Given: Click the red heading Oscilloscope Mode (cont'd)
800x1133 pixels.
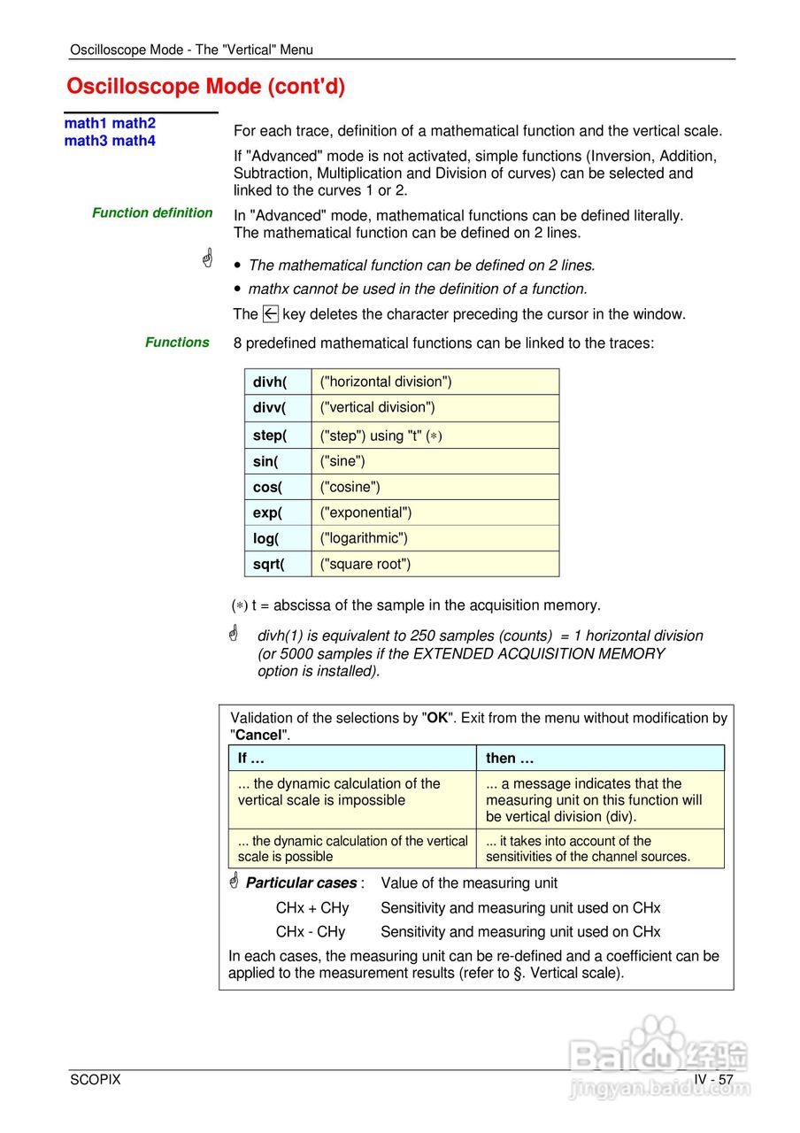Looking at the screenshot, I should tap(205, 87).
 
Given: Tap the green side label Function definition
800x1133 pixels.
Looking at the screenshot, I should tap(152, 212).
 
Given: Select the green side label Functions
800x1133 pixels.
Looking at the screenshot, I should tap(177, 343).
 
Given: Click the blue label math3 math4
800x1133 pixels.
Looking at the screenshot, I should tap(110, 141).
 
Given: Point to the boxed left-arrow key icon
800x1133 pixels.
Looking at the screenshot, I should tap(271, 313).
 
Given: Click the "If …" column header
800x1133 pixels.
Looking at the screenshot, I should tap(251, 758).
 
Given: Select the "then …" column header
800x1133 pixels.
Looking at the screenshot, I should tap(510, 758).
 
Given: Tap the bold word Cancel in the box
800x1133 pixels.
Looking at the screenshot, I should tap(258, 735).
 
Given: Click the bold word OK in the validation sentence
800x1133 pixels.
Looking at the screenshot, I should tap(437, 718).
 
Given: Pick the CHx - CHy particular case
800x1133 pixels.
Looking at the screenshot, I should tap(311, 932).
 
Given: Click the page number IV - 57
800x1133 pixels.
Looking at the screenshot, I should tap(713, 1080).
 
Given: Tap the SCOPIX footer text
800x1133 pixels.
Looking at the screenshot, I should tap(96, 1080).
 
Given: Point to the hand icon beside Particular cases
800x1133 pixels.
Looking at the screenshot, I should tap(235, 882).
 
